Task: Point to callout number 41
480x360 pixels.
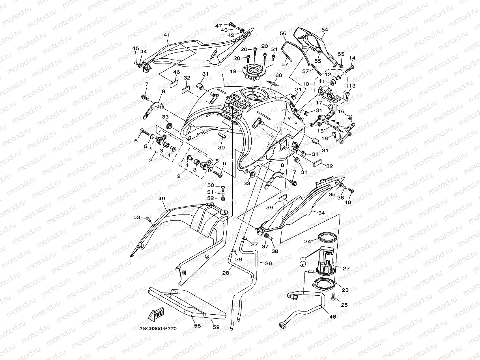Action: click(x=166, y=35)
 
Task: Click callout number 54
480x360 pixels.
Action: click(x=325, y=30)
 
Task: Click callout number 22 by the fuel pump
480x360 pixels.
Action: click(x=346, y=269)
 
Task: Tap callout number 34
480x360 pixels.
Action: click(x=321, y=213)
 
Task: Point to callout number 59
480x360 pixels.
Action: click(x=215, y=326)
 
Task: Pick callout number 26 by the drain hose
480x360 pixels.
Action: click(x=268, y=263)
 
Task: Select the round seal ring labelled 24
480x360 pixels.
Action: click(x=327, y=237)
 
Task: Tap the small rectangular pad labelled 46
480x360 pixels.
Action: click(x=174, y=84)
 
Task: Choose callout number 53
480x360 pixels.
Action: click(x=136, y=217)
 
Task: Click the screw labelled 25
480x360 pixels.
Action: click(x=334, y=297)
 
